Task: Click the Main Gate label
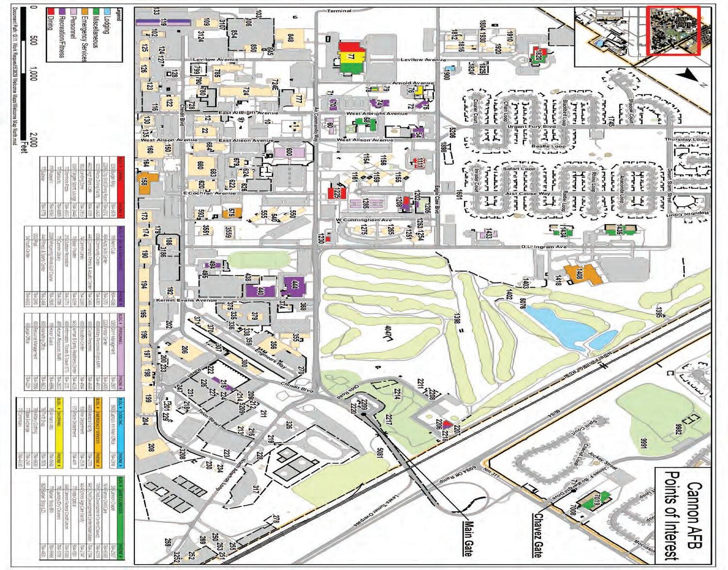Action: click(x=467, y=538)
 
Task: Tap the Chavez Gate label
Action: click(x=537, y=535)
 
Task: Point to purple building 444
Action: click(x=294, y=285)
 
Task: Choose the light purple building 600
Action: click(x=289, y=152)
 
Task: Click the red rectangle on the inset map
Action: click(x=673, y=30)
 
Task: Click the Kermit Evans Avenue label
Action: click(x=186, y=300)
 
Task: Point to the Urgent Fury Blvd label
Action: click(x=531, y=127)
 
